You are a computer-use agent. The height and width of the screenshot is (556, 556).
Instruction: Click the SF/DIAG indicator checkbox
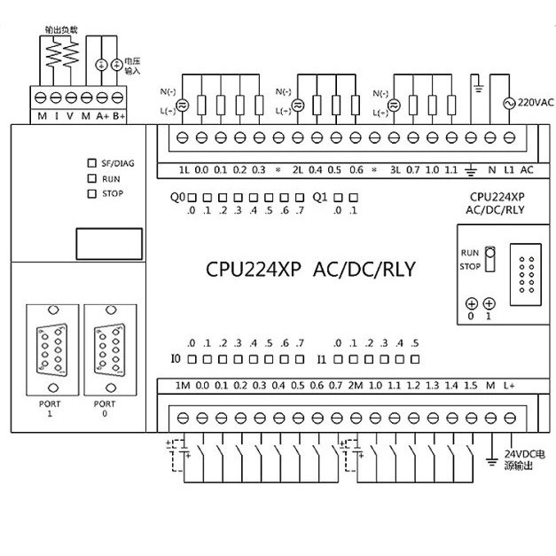click(91, 163)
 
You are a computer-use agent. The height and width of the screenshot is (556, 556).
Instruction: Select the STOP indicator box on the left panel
click(91, 192)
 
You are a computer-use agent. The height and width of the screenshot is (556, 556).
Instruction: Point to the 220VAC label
click(536, 102)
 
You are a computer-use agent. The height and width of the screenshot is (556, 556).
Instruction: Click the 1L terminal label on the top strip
click(184, 169)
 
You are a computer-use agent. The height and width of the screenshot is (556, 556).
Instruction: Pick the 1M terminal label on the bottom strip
click(183, 386)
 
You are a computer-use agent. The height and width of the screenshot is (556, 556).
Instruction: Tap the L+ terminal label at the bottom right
click(510, 386)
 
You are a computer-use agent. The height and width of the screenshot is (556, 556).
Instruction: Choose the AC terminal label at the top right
click(526, 169)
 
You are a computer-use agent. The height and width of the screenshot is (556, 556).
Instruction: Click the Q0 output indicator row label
click(177, 197)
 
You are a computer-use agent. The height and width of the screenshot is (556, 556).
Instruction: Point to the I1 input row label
click(322, 360)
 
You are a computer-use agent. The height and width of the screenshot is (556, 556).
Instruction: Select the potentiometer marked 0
click(471, 303)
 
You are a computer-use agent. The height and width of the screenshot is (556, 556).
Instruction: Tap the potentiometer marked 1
click(489, 303)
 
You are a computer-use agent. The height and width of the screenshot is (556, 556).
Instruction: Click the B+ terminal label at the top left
click(119, 116)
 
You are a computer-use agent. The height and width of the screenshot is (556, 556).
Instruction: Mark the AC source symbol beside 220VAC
click(509, 103)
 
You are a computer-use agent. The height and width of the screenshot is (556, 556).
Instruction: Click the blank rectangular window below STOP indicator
click(100, 240)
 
